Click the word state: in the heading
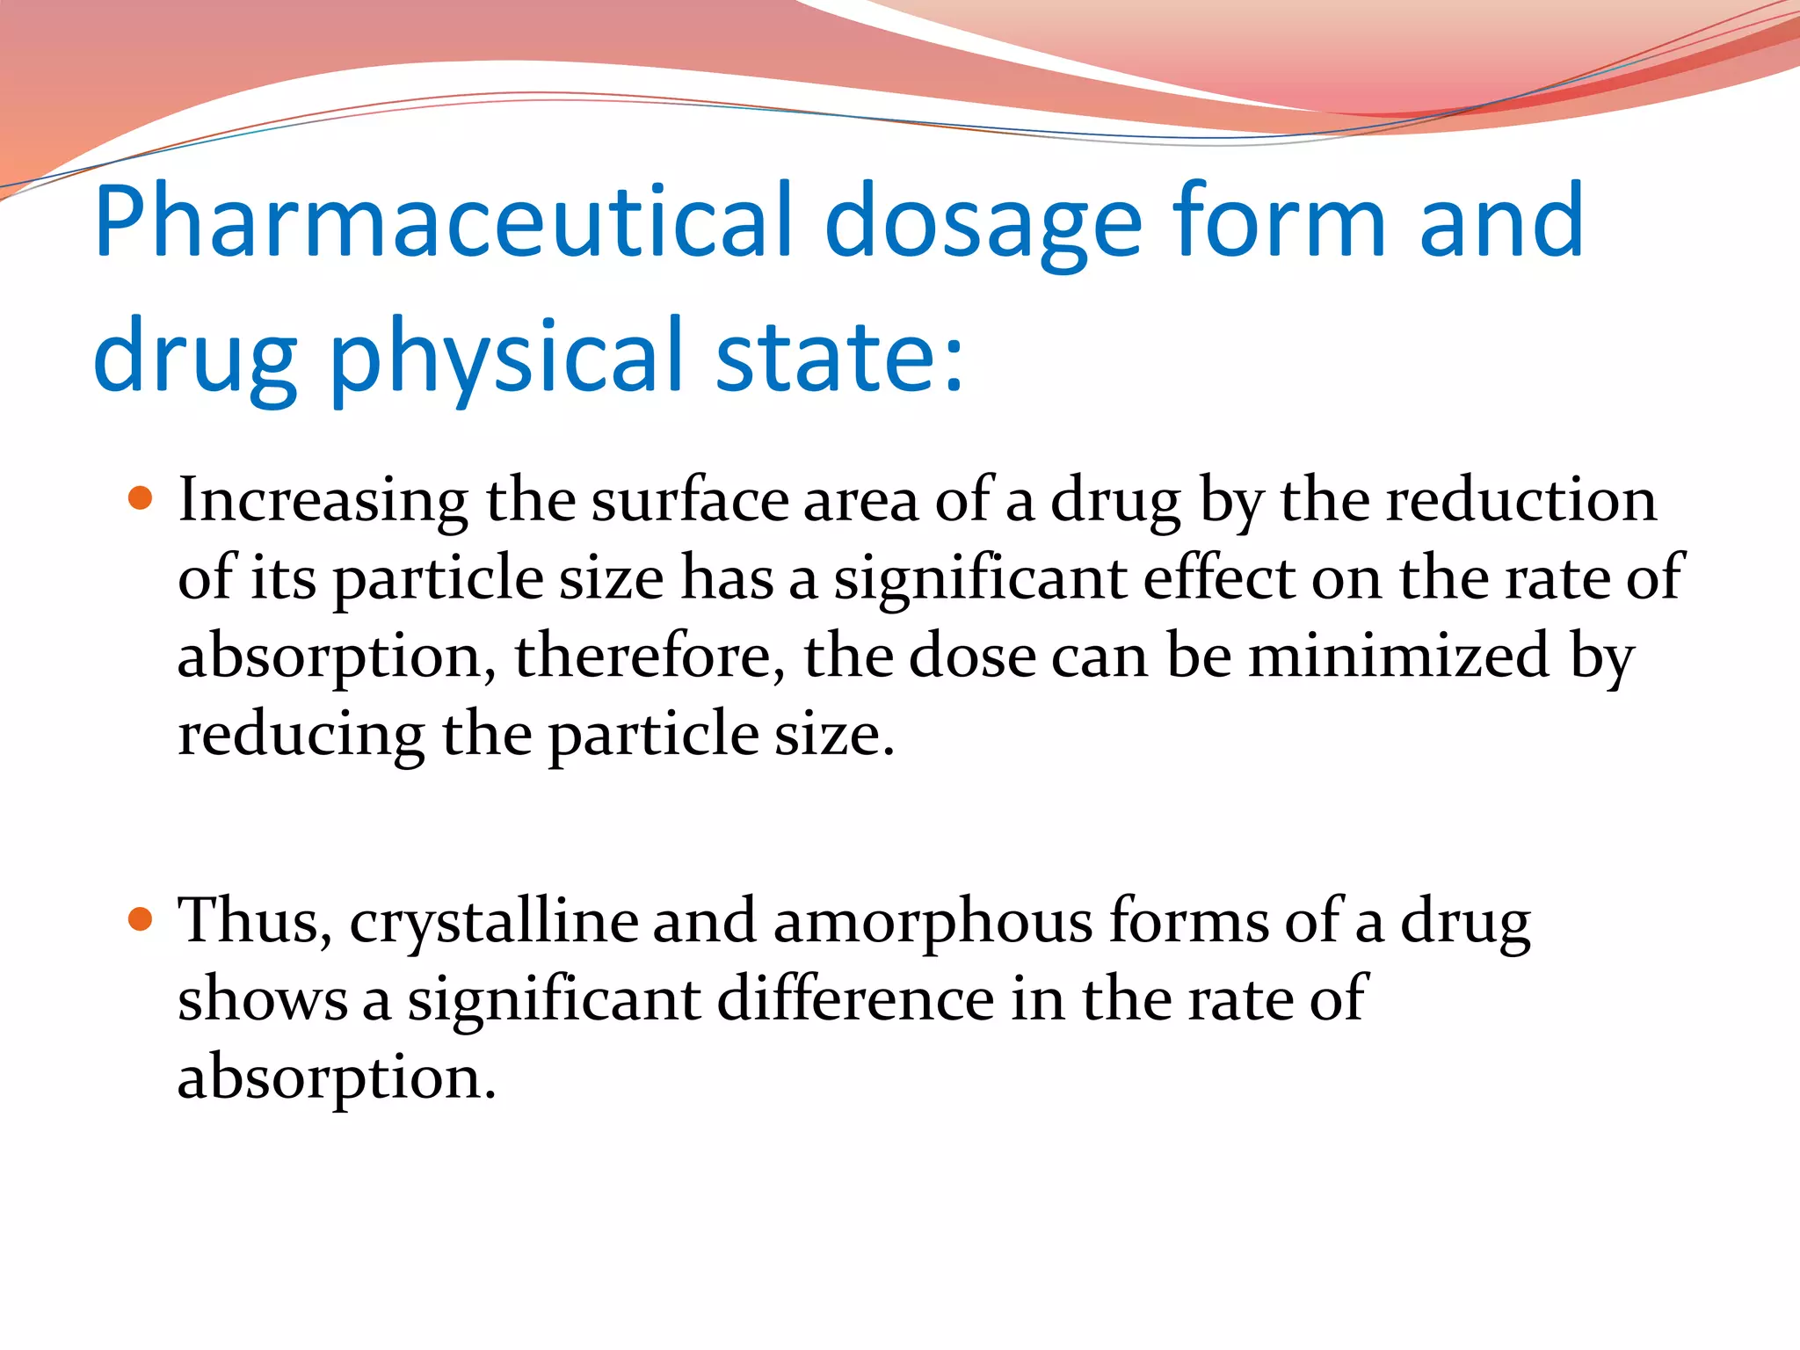[839, 356]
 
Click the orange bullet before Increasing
[140, 499]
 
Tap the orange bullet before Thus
[140, 920]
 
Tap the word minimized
[1399, 655]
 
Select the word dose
[971, 657]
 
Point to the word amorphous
[933, 921]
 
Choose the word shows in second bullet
[262, 1000]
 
